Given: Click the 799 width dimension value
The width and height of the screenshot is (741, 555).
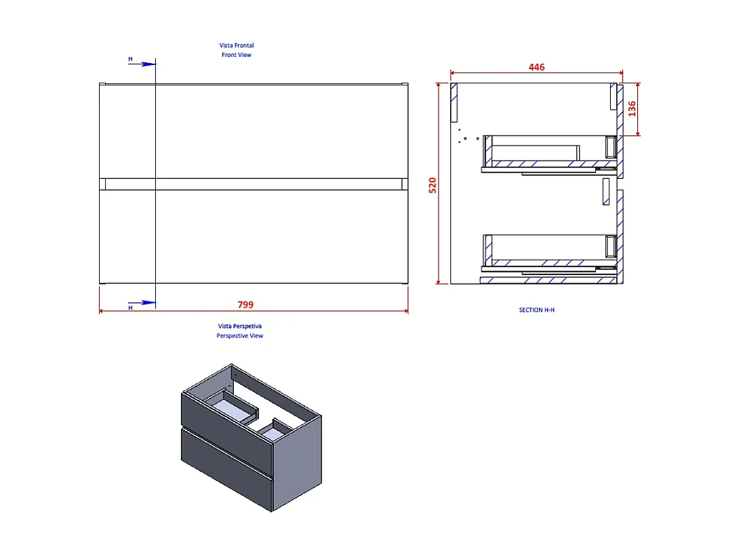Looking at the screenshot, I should coord(245,304).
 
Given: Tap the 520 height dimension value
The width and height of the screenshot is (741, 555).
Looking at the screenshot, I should coord(433,184).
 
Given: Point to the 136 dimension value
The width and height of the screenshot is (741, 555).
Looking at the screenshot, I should coord(631,108).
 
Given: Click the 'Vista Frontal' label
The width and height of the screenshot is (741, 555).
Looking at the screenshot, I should coord(236,45).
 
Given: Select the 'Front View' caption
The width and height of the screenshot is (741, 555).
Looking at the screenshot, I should coord(236,55).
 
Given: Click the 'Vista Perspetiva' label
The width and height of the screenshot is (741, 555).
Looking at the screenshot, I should coord(240,326).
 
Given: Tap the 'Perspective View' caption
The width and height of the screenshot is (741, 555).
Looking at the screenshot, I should coord(240,335).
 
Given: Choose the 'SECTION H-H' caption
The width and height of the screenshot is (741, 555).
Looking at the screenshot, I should coord(537,310).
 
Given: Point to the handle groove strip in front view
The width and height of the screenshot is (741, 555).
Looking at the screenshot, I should coord(254,184).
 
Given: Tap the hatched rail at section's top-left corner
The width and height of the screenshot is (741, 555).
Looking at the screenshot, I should coord(456,102).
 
